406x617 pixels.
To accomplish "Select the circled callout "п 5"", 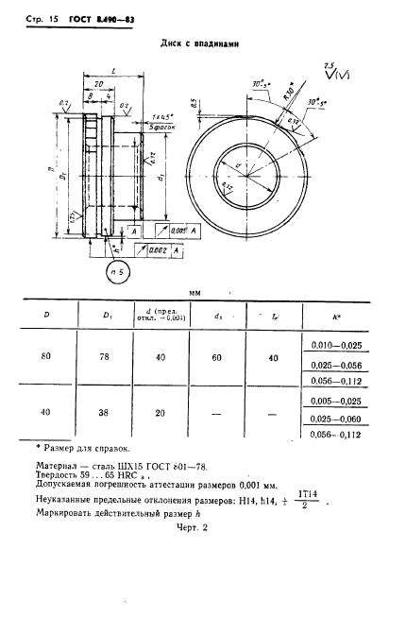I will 118,274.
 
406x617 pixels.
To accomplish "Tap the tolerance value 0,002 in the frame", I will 158,249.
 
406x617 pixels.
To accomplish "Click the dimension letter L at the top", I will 112,71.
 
